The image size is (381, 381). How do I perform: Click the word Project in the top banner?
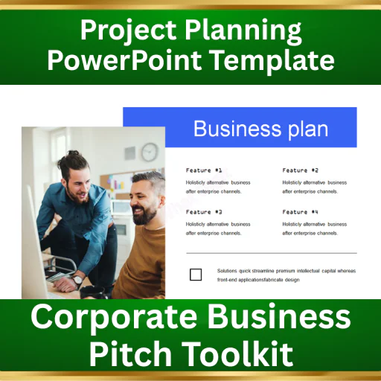[x=128, y=31]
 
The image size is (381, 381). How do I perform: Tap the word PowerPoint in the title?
[x=124, y=60]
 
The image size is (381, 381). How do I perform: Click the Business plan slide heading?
[x=260, y=129]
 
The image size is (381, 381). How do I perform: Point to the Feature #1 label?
[x=204, y=170]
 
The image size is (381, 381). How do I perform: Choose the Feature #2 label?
[x=300, y=170]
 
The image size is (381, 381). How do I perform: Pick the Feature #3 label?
[x=204, y=212]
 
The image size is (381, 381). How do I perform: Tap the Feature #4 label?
[x=300, y=212]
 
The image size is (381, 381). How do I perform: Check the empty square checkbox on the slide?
[x=196, y=275]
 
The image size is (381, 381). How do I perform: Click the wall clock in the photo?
[x=150, y=152]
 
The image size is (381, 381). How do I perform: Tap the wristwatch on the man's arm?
[x=77, y=281]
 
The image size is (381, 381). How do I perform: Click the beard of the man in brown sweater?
[x=144, y=215]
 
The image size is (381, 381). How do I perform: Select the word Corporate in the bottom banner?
[x=114, y=318]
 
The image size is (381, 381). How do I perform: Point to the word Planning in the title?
[x=243, y=31]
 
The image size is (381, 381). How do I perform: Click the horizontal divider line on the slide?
[x=272, y=253]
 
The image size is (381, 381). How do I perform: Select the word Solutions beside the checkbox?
[x=227, y=271]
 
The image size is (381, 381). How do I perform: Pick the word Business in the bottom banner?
[x=279, y=318]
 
